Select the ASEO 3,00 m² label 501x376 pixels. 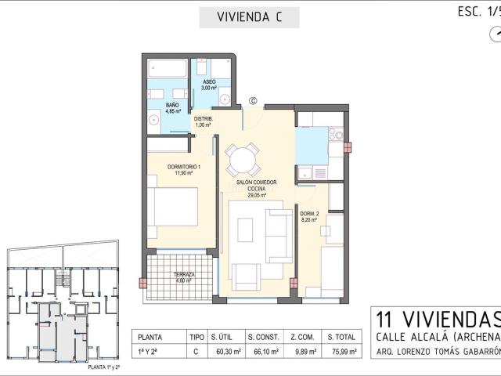coord(209,85)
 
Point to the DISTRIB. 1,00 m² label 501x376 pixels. coord(204,121)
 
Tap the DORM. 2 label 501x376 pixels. coord(309,217)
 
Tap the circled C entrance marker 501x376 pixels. coord(253,100)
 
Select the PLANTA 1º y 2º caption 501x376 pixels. coord(66,367)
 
